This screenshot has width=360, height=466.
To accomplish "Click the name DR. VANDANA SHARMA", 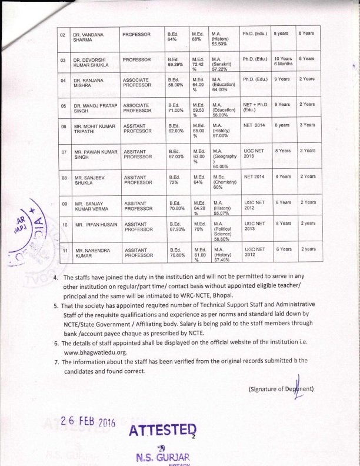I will pyautogui.click(x=89, y=38).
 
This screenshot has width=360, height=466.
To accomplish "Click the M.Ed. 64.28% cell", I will pyautogui.click(x=199, y=206).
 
